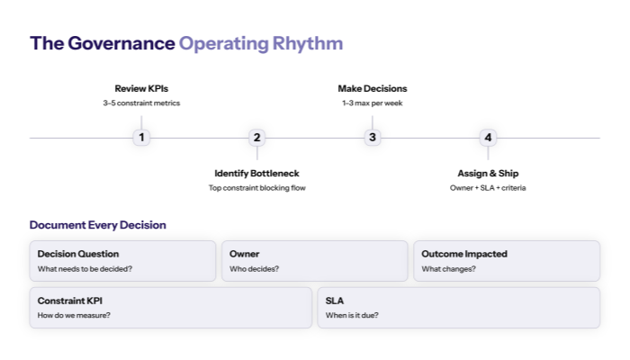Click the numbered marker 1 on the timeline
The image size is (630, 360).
[x=141, y=138]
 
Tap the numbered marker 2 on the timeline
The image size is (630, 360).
[x=256, y=138]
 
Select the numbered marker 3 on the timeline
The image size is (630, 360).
[x=373, y=138]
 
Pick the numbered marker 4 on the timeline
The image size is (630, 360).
[x=488, y=138]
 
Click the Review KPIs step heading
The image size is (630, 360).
[x=141, y=88]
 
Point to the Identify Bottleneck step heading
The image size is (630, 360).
[x=256, y=173]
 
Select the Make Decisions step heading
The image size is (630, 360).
[x=373, y=88]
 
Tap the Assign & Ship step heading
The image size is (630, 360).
[x=488, y=173]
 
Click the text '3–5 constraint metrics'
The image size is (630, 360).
[x=141, y=103]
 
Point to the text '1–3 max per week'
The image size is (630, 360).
[x=373, y=103]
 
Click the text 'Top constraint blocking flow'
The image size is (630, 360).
[x=256, y=188]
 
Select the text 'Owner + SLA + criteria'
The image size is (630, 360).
[x=488, y=188]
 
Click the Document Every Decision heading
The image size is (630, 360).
[x=97, y=225]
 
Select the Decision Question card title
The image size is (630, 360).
[x=78, y=254]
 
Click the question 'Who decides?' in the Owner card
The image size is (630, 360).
[x=254, y=269]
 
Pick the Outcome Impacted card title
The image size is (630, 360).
[x=464, y=254]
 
